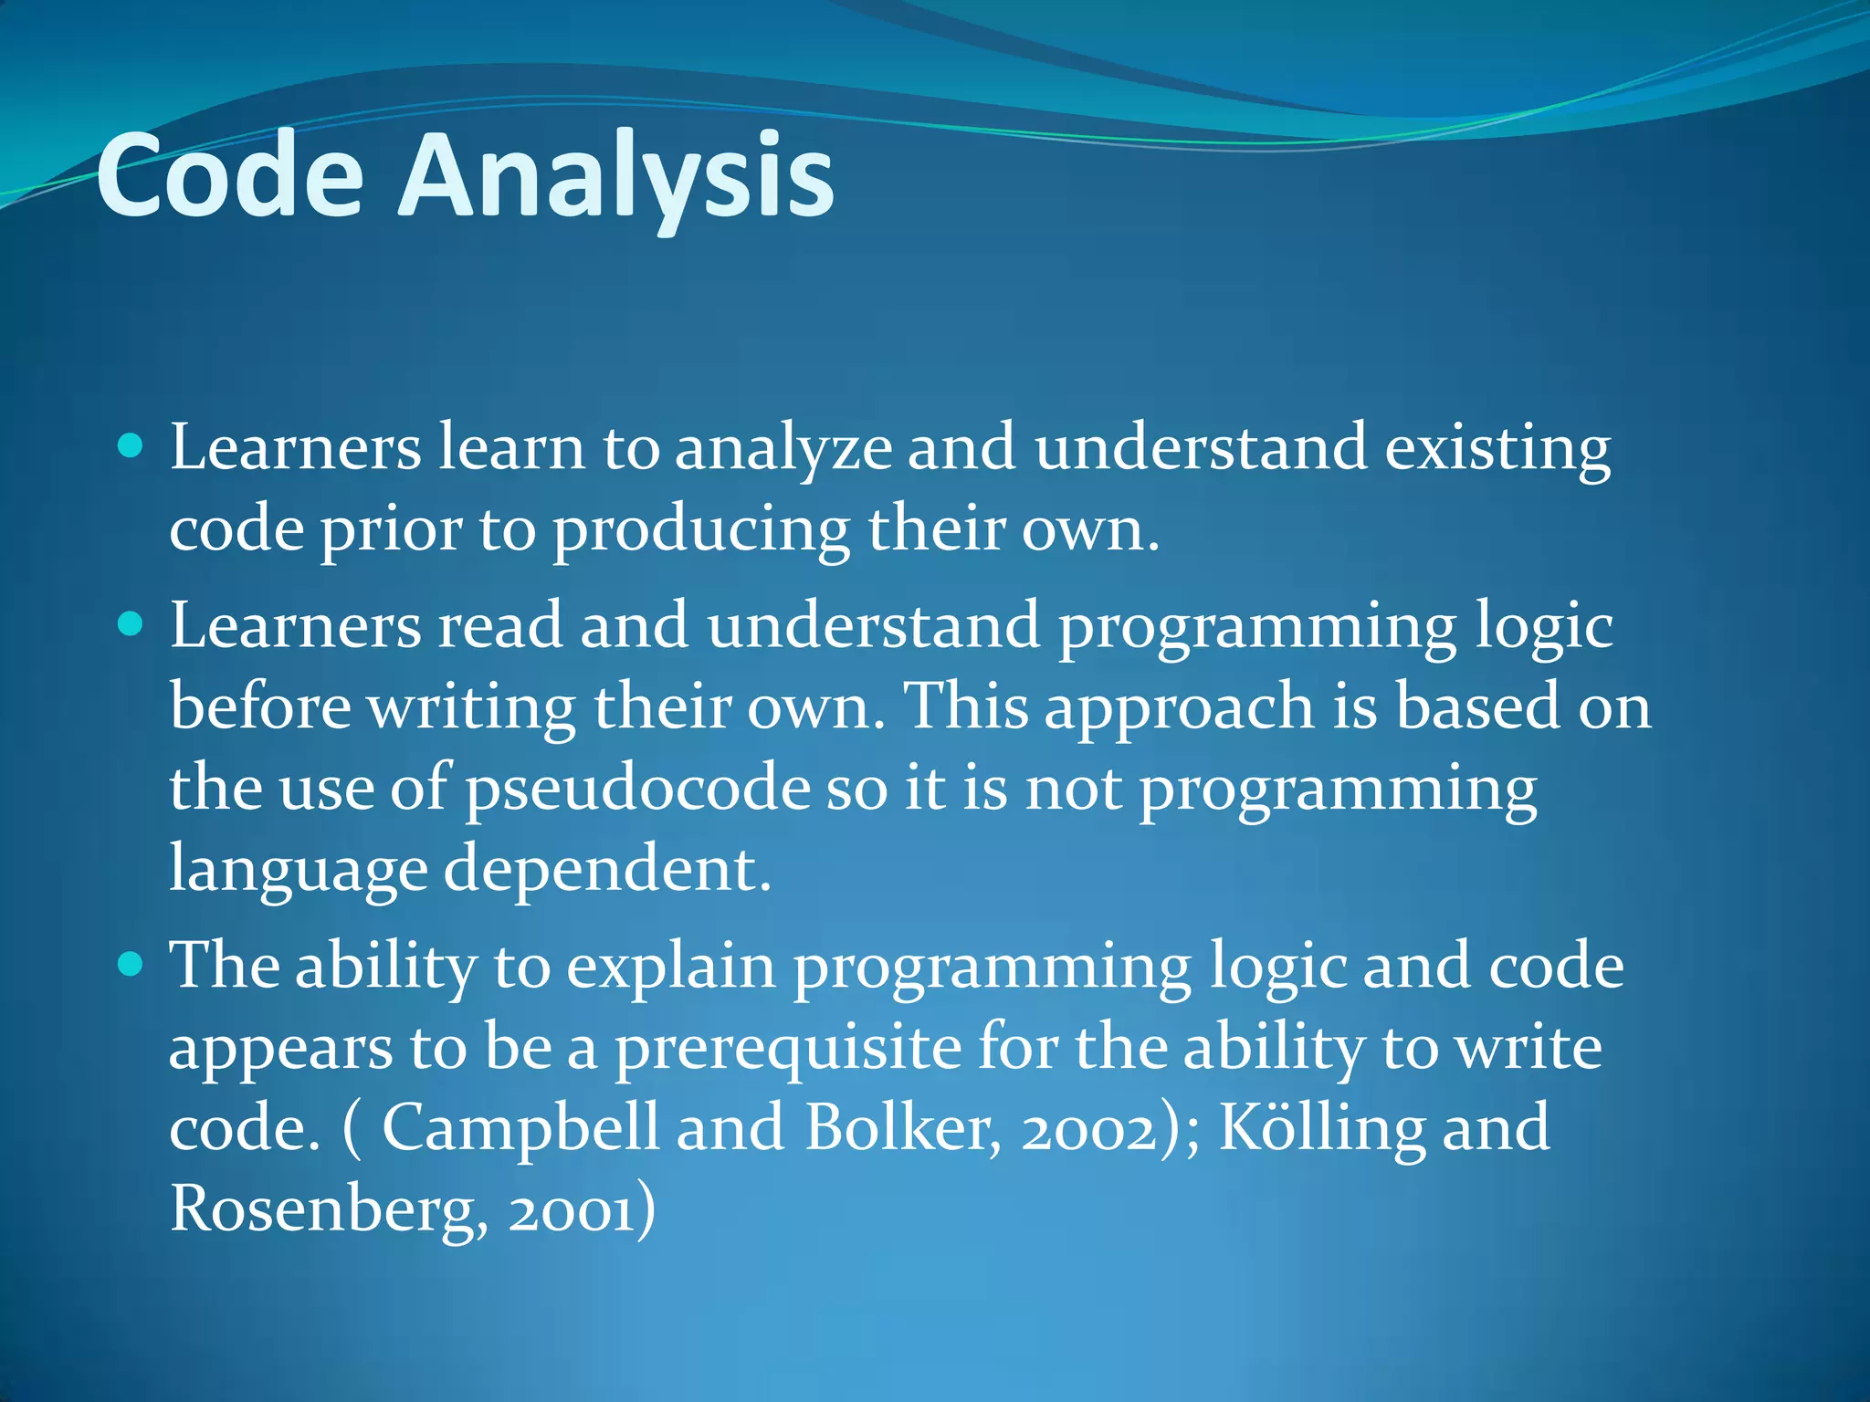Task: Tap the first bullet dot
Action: (x=131, y=446)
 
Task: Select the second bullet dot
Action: (x=131, y=624)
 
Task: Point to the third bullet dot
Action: (x=131, y=964)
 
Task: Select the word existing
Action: (x=1497, y=449)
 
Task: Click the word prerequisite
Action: (x=787, y=1048)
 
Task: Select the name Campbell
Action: (x=520, y=1128)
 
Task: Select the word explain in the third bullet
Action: (x=670, y=968)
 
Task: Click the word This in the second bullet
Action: (x=966, y=706)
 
